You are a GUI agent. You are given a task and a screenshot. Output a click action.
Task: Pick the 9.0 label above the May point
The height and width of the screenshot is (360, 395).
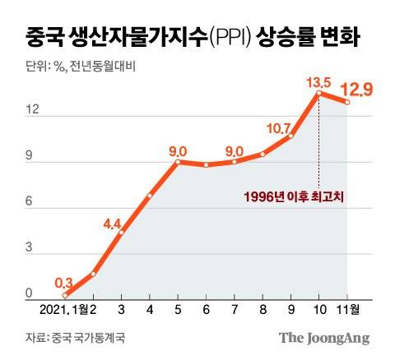coord(178,150)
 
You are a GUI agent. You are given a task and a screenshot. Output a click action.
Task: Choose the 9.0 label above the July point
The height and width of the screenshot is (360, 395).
coord(235,150)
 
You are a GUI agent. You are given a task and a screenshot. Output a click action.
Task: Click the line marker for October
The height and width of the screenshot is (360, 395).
coord(318,93)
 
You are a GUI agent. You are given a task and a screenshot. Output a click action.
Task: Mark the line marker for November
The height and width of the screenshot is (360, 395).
coord(347,102)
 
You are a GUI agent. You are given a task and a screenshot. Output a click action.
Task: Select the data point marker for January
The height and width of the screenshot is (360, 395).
coord(65,296)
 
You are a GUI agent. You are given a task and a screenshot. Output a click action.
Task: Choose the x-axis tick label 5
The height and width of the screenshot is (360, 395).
coord(178,310)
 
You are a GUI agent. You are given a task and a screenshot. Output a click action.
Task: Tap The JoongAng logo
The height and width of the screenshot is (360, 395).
coord(323,337)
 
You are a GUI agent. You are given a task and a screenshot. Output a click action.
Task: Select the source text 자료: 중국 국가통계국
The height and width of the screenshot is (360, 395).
coord(69,337)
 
